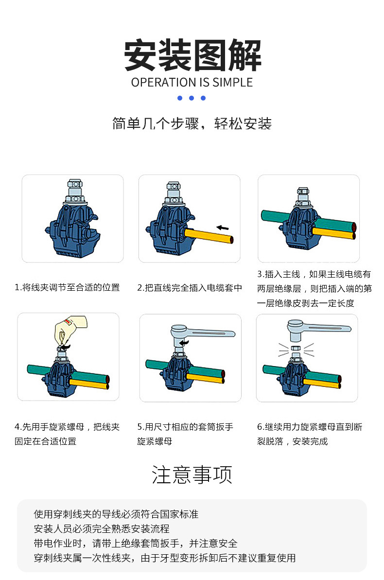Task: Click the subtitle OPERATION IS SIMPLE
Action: coord(192,82)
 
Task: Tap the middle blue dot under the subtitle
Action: coord(192,98)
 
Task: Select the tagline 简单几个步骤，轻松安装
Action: coord(192,123)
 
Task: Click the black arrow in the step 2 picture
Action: coord(223,227)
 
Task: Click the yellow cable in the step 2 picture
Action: coord(209,237)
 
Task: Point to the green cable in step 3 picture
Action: coord(275,215)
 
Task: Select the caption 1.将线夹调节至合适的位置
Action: coord(67,287)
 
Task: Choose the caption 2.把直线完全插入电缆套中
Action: coord(190,287)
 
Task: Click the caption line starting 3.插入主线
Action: coord(314,274)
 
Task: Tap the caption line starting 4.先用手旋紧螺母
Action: coord(67,427)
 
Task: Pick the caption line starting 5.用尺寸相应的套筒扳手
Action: coord(185,427)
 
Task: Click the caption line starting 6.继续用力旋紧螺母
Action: coord(310,427)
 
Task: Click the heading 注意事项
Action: coord(192,475)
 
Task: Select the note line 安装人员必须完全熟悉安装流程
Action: coord(102,528)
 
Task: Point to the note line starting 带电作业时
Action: coord(136,543)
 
